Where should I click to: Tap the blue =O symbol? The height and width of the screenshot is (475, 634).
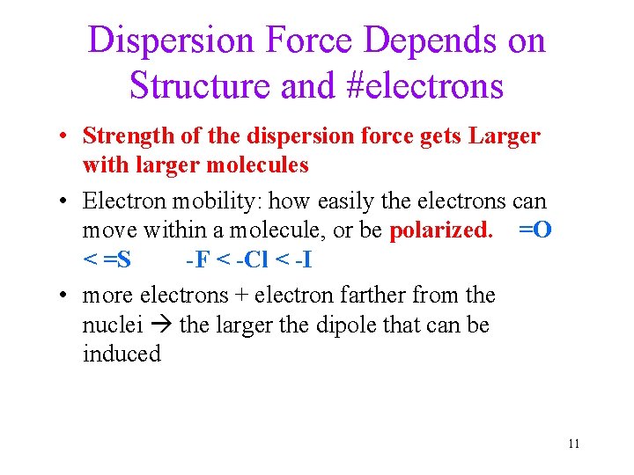pos(535,230)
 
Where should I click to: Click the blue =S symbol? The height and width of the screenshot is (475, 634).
pos(115,259)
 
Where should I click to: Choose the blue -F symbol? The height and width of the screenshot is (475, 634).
pos(196,259)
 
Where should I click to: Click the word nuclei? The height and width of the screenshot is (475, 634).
pos(110,325)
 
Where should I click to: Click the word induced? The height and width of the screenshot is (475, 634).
pos(122,354)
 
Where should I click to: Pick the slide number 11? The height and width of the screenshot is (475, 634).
pos(573,443)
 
